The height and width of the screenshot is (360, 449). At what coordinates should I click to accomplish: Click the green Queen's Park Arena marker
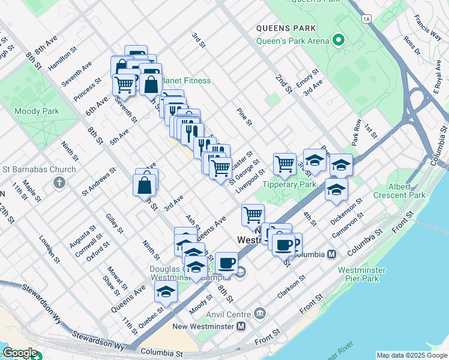[338, 41]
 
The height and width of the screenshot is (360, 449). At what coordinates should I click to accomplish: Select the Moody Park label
[37, 111]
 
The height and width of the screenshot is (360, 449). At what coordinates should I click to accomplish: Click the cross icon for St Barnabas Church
[59, 182]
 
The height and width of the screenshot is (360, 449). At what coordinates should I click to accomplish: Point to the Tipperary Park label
[286, 184]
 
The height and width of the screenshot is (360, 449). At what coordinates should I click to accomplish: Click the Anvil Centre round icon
[260, 313]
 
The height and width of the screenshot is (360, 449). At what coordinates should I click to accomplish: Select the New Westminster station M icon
[241, 326]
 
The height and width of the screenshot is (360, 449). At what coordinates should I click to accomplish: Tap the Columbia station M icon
[331, 254]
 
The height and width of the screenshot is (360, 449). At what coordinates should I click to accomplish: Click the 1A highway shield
[367, 19]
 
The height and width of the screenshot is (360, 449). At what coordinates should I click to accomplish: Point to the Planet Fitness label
[186, 80]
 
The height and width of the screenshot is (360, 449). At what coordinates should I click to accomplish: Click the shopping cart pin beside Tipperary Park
[285, 163]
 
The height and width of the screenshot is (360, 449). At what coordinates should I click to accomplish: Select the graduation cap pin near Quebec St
[166, 292]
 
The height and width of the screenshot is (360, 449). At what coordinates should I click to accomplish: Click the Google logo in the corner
[19, 353]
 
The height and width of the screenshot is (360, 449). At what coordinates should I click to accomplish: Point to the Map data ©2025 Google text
[411, 355]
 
